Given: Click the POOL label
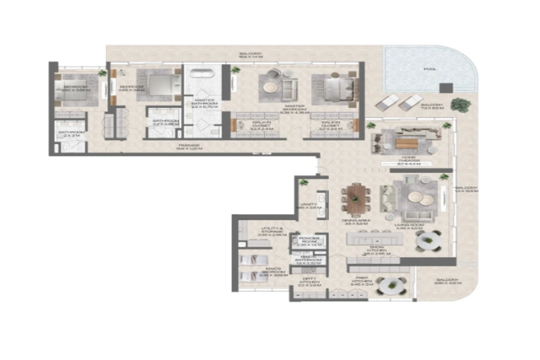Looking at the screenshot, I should (x=430, y=69).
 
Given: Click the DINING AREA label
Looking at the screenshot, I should (x=354, y=222).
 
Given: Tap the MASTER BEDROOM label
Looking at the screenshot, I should (x=297, y=110).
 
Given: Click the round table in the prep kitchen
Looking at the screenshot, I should (x=389, y=286).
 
